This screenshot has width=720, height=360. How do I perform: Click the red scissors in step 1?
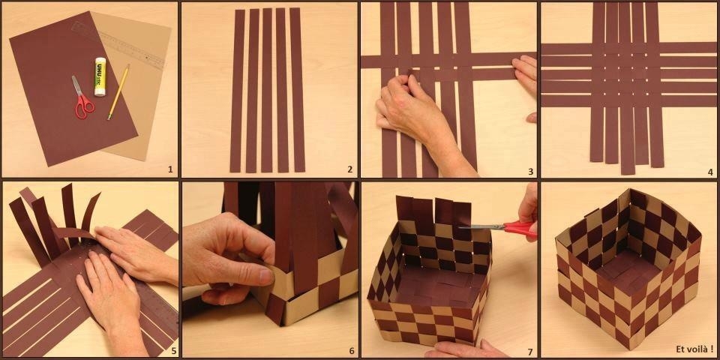click(x=82, y=100)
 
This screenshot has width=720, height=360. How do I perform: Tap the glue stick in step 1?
click(x=100, y=76)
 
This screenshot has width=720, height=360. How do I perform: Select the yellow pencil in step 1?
click(x=118, y=92)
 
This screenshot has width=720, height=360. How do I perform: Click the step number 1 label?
click(x=170, y=169)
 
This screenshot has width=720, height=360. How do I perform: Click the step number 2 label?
click(x=349, y=169)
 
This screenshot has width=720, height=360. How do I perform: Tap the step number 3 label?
click(x=530, y=171)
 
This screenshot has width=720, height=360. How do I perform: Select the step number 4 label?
click(x=709, y=171)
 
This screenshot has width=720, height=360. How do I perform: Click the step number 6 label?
click(x=350, y=349)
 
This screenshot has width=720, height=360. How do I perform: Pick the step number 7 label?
click(x=529, y=350)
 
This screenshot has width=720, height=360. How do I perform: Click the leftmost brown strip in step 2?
click(x=237, y=90)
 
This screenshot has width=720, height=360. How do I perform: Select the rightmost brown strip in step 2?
click(x=297, y=90)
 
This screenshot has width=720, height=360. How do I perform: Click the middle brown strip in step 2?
click(x=267, y=90)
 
